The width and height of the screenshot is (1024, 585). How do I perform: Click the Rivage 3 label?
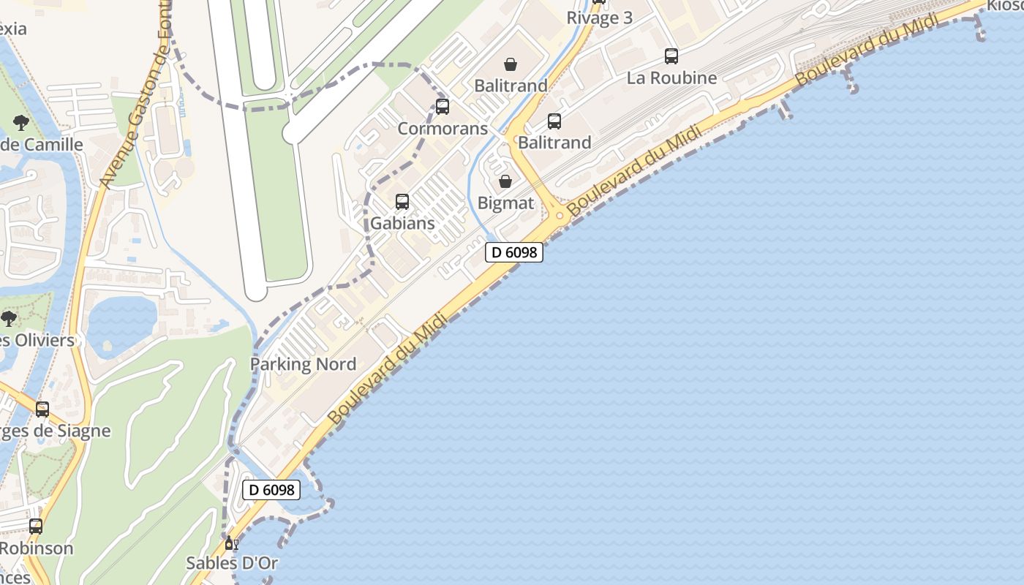[599, 18]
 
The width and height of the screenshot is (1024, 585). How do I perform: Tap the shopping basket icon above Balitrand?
[511, 64]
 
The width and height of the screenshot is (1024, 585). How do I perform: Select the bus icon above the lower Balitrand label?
[554, 121]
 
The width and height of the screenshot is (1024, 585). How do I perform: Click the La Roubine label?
[671, 78]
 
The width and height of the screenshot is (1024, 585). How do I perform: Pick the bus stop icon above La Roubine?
[671, 56]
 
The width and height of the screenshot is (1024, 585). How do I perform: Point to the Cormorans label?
[443, 129]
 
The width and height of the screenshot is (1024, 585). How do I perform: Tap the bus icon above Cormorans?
[443, 107]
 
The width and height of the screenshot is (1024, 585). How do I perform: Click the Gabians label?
[402, 223]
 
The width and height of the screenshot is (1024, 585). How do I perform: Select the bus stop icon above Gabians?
[402, 201]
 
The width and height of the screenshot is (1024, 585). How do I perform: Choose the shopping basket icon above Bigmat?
[505, 181]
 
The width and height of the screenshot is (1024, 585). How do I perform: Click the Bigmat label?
[505, 203]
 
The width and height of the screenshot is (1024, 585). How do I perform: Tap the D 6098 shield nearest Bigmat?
[514, 252]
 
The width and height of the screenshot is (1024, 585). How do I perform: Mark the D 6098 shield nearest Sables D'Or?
[271, 490]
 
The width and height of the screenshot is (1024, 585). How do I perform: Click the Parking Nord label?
[304, 364]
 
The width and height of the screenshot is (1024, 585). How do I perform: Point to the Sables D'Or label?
[232, 563]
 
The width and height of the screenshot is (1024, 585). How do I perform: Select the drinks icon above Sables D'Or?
[232, 543]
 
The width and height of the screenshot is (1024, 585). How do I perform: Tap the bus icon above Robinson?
[35, 526]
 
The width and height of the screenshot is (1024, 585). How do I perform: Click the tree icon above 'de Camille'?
[20, 123]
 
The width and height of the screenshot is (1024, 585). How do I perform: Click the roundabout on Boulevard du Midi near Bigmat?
[560, 215]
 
